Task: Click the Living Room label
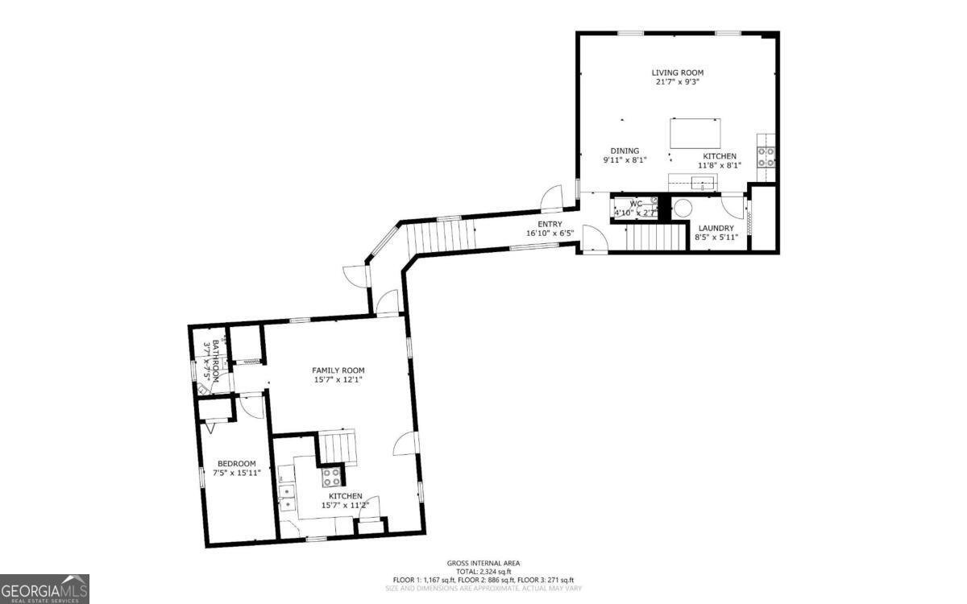(677, 72)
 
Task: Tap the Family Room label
(338, 370)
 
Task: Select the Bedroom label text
(236, 463)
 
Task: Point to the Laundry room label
(716, 228)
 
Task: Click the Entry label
(550, 224)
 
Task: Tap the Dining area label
(625, 151)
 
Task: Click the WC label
(636, 204)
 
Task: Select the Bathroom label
(215, 358)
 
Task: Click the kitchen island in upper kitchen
(695, 133)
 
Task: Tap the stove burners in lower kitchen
(332, 478)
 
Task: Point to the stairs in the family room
(337, 446)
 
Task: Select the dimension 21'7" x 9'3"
(677, 82)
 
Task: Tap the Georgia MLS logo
(44, 589)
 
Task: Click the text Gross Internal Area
(483, 563)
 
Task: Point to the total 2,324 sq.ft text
(483, 571)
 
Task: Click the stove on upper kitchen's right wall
(766, 156)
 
